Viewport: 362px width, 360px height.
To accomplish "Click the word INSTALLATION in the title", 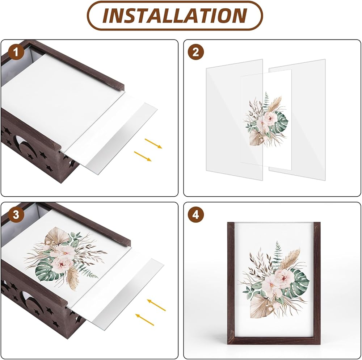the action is (x=175, y=16).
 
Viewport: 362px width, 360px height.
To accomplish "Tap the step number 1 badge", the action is (x=16, y=52).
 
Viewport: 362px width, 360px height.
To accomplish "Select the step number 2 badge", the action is (x=195, y=52).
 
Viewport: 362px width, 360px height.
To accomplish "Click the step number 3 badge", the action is (x=16, y=214).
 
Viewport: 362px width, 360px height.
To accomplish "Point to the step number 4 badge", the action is (x=195, y=214).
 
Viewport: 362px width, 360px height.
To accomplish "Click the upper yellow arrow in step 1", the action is (x=153, y=143).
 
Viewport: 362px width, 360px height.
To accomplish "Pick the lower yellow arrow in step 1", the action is (x=143, y=156).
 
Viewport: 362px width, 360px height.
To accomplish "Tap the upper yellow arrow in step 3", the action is (x=156, y=305).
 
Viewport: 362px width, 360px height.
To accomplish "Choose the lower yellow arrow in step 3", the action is (x=144, y=319).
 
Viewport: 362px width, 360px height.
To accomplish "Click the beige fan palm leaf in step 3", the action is (x=56, y=235).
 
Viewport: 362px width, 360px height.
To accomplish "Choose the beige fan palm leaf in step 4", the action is (x=261, y=306).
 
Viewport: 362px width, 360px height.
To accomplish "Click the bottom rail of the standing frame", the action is (x=274, y=340).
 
